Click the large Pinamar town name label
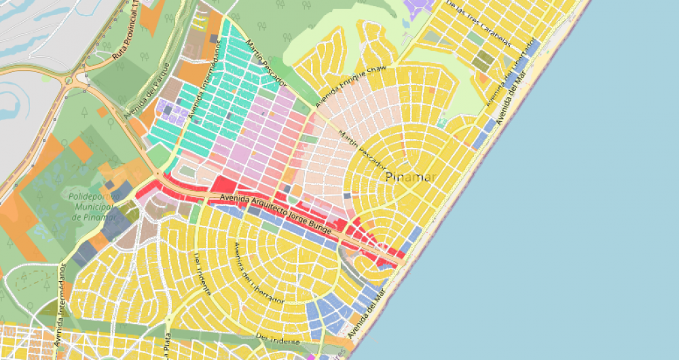[408, 178]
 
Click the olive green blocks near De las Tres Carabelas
[482, 61]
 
